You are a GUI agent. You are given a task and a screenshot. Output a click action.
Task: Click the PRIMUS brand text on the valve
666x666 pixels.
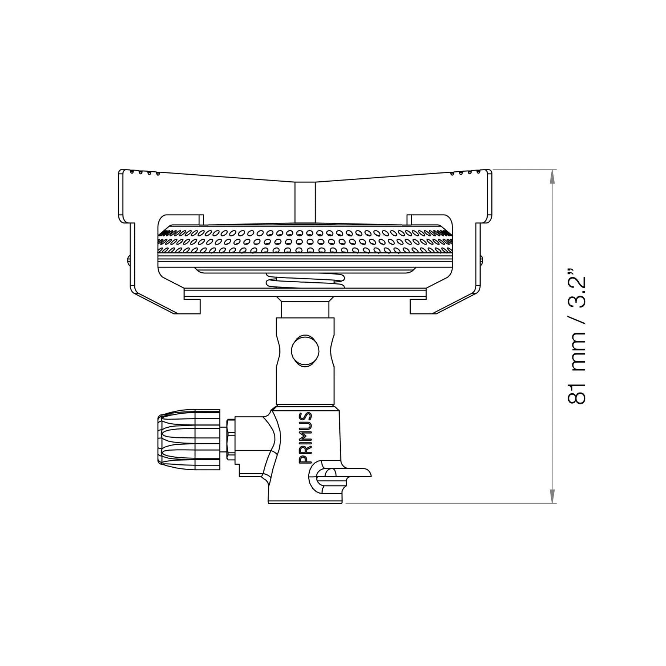coord(306,438)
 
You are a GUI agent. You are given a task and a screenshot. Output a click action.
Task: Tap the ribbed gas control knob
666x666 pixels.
coord(189,440)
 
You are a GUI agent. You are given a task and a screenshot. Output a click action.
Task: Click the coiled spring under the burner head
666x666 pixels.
coord(305,282)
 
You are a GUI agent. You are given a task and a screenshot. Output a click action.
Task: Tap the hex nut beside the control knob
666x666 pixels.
coord(230,440)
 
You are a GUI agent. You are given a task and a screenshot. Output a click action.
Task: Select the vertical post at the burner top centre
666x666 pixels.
coord(305,202)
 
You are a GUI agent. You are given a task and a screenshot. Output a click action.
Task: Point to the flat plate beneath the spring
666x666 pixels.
coord(305,294)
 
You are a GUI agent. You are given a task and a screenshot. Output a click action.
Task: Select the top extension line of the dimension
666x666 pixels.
coord(525,169)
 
